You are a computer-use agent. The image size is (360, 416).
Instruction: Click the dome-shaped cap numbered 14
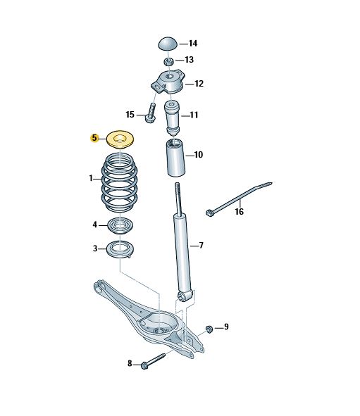click(168, 44)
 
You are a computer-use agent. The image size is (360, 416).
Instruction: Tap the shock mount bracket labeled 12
click(167, 82)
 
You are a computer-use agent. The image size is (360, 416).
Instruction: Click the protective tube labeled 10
click(175, 158)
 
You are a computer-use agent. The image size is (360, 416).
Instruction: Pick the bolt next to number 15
click(150, 113)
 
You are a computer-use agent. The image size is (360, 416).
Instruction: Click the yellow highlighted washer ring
click(120, 139)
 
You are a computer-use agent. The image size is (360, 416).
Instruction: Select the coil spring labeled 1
click(120, 183)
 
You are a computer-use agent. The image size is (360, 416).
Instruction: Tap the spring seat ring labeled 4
click(120, 225)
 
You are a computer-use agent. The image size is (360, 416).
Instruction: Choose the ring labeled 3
click(120, 249)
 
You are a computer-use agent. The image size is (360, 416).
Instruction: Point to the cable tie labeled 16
click(239, 198)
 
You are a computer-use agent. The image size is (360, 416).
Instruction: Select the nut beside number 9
click(209, 329)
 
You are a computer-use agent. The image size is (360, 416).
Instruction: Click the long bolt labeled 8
click(154, 360)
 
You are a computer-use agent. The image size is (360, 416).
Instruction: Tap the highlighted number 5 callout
click(94, 138)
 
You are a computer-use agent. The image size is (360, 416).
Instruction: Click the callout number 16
click(240, 211)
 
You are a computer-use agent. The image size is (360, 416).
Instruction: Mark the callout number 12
click(199, 84)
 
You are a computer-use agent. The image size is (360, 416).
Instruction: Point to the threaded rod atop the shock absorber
click(178, 198)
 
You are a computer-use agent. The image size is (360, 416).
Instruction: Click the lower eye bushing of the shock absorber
click(182, 297)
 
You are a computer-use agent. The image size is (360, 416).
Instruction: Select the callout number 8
click(130, 363)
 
